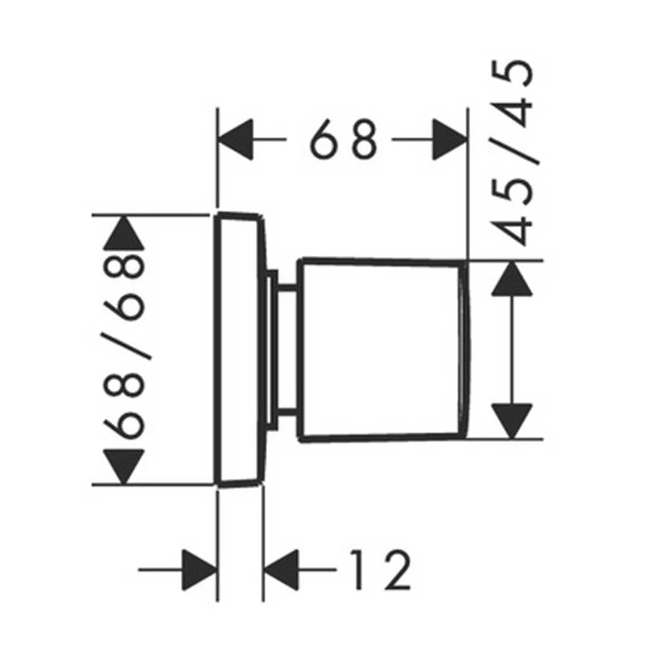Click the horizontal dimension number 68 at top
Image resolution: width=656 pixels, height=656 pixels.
343,139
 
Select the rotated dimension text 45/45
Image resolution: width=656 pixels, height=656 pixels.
512,153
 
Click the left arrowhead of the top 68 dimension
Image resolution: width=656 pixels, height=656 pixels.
236,139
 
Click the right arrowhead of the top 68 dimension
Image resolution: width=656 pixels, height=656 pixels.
449,139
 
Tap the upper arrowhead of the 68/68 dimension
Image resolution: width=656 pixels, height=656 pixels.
124,233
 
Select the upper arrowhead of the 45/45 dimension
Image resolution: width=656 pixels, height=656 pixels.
512,279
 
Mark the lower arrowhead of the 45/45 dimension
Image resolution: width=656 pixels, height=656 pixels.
512,421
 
